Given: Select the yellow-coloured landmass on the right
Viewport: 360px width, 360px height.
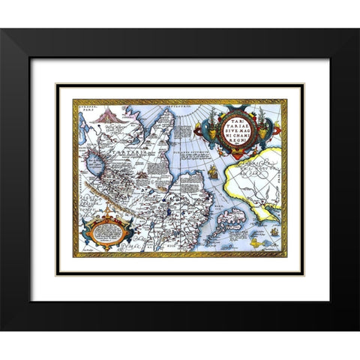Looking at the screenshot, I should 259,180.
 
